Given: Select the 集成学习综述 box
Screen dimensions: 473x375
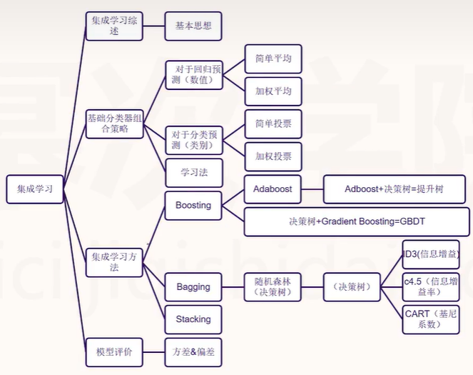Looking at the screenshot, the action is [113, 26].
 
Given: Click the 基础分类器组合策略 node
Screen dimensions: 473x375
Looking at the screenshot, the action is [113, 122].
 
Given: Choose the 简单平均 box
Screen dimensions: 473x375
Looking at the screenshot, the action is [273, 59].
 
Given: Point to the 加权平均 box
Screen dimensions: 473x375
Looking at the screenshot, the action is [273, 91].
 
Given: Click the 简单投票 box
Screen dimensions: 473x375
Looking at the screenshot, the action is [273, 124].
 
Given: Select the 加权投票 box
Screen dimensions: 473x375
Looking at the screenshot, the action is [273, 156].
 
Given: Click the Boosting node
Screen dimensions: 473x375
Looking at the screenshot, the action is [193, 205].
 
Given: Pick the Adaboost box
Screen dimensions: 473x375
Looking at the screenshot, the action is [273, 189].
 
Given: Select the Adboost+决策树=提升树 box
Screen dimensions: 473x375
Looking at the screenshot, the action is [394, 189].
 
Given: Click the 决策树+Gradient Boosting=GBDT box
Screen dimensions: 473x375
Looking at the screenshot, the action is [357, 221].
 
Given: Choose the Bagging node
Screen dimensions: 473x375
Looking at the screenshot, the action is [193, 286].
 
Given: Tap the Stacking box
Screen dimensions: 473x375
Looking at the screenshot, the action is [193, 319].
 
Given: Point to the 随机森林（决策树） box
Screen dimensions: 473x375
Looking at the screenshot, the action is [273, 286].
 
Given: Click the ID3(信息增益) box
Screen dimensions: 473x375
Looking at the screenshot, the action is [430, 254].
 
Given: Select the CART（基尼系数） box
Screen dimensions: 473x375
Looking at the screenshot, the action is [430, 319].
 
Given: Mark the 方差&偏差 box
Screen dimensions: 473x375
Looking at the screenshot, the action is [193, 351].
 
